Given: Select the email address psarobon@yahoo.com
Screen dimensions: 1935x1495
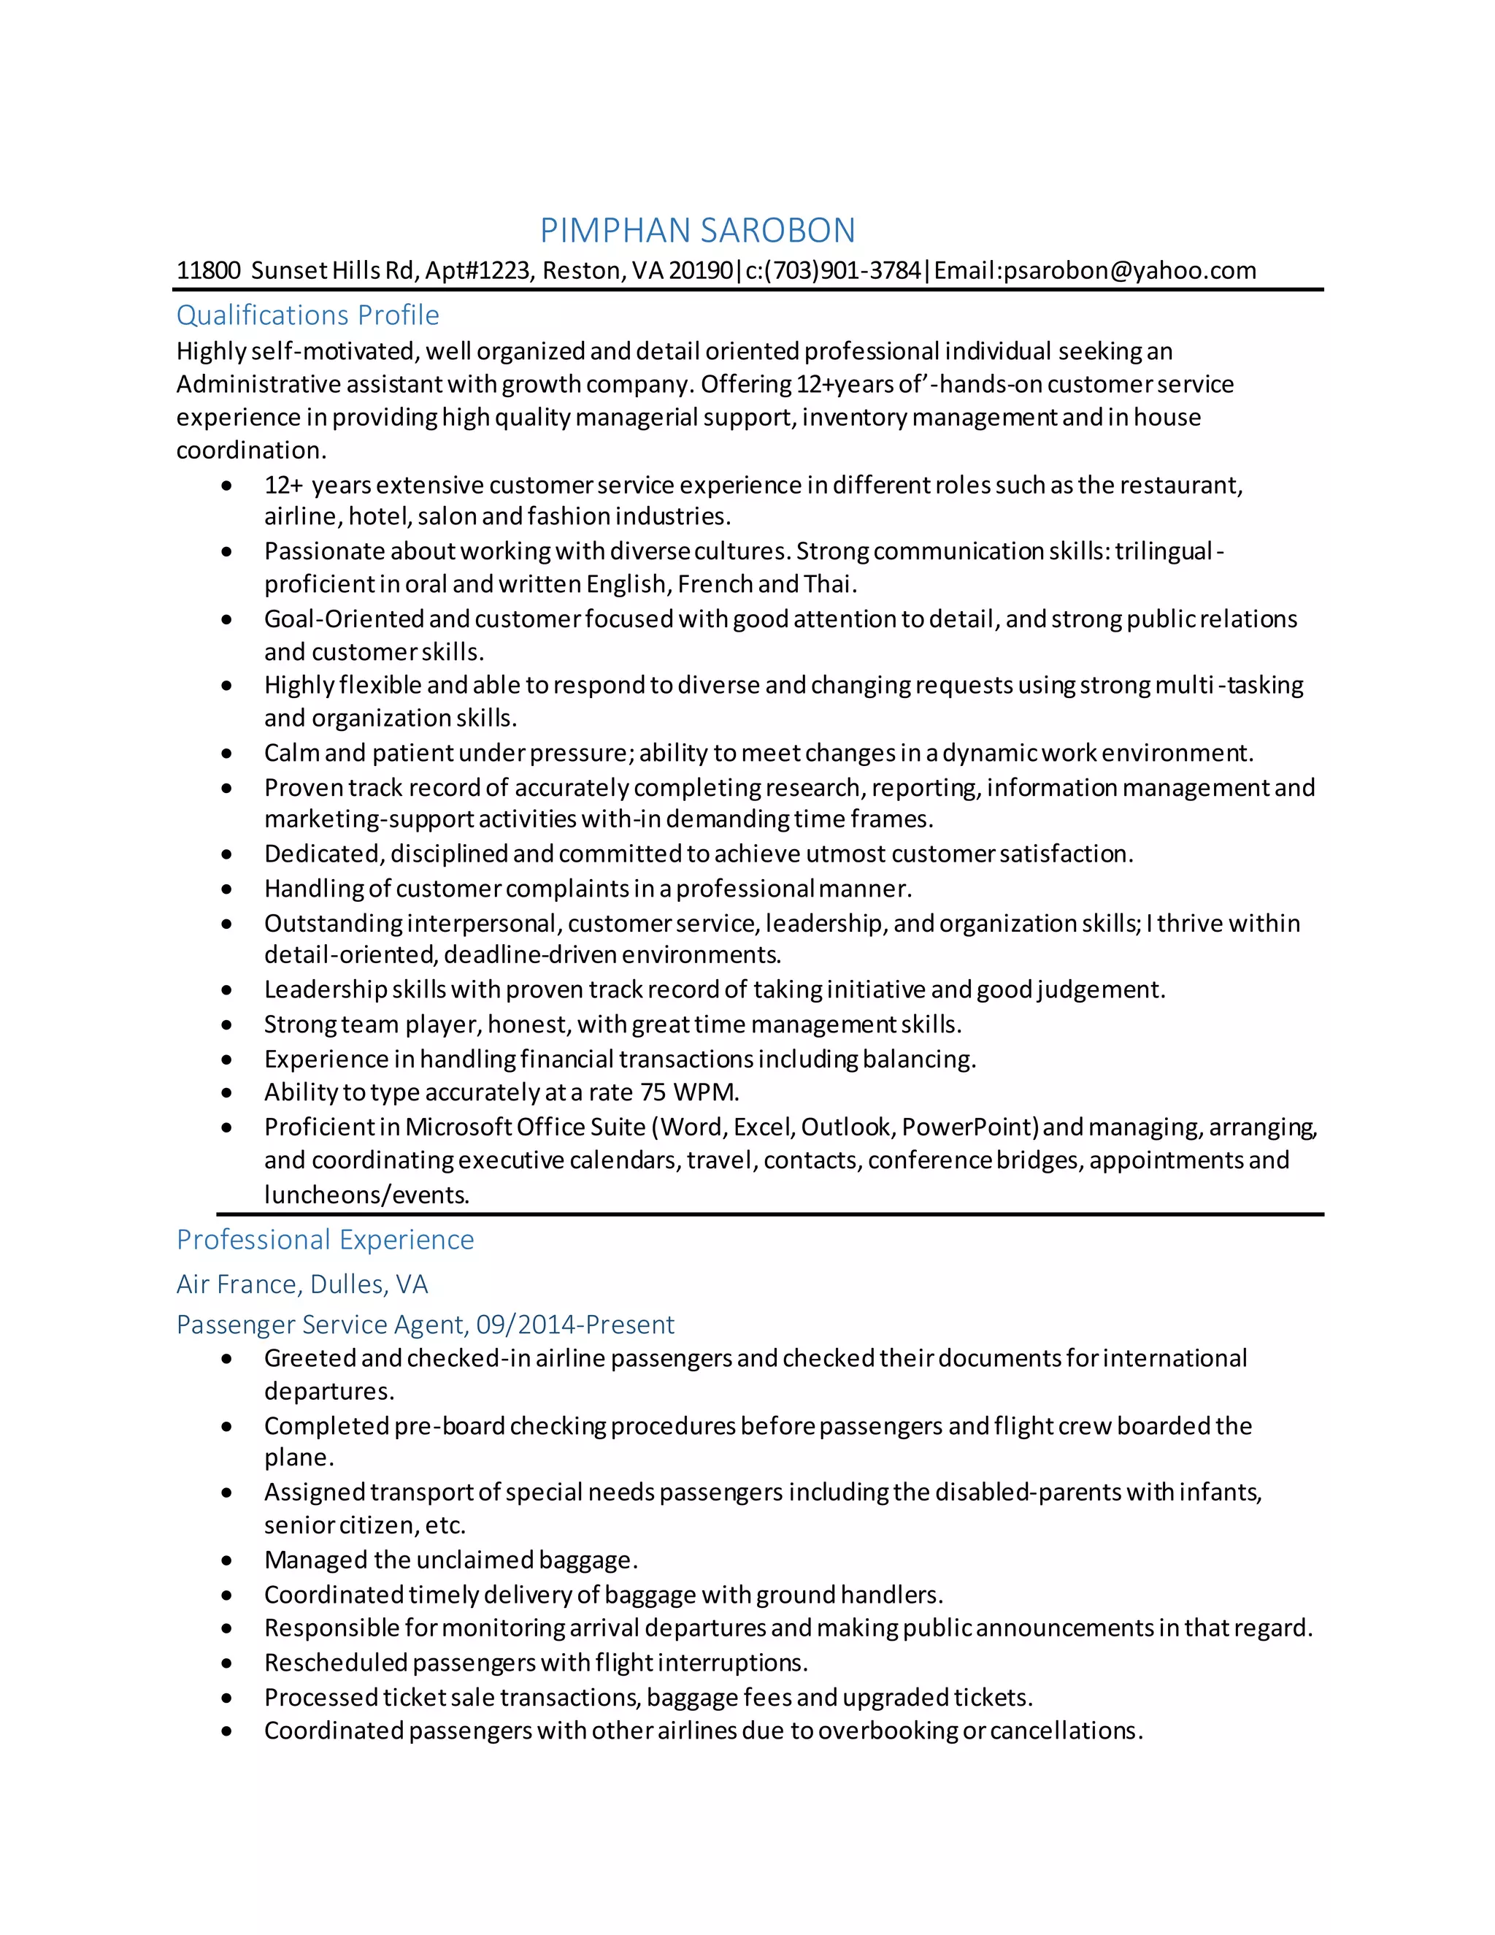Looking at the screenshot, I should point(1129,270).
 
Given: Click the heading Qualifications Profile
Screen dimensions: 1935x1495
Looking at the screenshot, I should point(307,315).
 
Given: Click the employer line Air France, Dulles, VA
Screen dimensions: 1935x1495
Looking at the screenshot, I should point(302,1284).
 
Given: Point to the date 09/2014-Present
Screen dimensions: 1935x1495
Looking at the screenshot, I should point(574,1324).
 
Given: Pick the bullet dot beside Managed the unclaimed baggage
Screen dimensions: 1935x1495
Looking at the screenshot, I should point(228,1560).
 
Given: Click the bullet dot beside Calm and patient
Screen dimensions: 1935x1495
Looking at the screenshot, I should point(228,753).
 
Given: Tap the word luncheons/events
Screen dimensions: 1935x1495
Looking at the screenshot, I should point(366,1195).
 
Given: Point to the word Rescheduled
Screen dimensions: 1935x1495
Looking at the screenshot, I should point(336,1662).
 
